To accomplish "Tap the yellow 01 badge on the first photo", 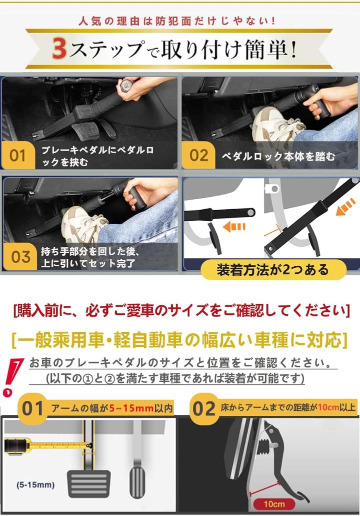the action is [x=18, y=155].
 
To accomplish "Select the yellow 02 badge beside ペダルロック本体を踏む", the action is [x=198, y=155].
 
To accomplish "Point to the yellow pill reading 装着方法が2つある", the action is [x=273, y=270].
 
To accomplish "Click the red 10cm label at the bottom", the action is [x=274, y=504].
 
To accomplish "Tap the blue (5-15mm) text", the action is [x=35, y=485].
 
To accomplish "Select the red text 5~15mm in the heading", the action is [x=131, y=408].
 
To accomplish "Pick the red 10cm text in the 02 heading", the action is [x=328, y=407].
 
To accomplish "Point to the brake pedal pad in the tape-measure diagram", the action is [x=89, y=483].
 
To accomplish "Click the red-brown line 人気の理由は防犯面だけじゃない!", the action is [x=177, y=22].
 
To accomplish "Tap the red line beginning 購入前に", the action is [x=181, y=310].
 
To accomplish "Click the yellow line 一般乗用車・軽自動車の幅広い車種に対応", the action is [x=179, y=340].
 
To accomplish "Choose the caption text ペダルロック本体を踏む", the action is [x=278, y=156].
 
